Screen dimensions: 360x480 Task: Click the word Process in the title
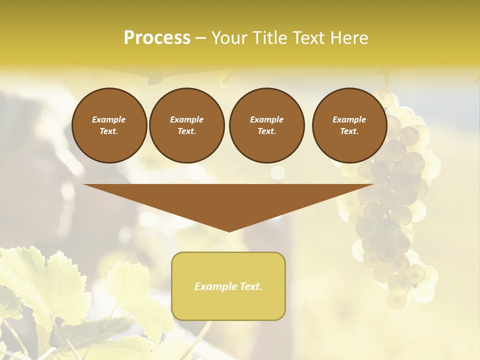[157, 38]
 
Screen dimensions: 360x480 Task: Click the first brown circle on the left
[109, 125]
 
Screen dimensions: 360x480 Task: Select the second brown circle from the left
[187, 125]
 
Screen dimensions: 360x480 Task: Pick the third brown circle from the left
[267, 125]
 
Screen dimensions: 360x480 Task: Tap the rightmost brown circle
[349, 125]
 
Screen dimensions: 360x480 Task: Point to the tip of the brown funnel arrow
[229, 231]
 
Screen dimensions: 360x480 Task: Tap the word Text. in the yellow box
[250, 286]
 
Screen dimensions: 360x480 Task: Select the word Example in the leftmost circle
[109, 119]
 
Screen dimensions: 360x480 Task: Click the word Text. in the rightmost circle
[349, 131]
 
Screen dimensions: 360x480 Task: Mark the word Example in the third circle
[267, 119]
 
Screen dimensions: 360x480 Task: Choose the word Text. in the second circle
[187, 131]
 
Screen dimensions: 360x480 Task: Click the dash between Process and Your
[201, 38]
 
